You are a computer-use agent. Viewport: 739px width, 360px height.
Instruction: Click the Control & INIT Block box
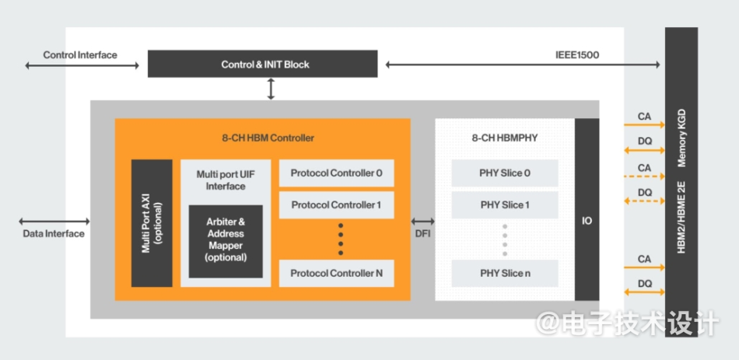tap(262, 64)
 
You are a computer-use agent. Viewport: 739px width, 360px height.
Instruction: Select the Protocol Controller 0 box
tap(337, 173)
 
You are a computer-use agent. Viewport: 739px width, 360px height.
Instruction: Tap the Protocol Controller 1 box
tap(337, 205)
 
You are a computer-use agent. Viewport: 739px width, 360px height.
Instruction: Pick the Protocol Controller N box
tap(337, 273)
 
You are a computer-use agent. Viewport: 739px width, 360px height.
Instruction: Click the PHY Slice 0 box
tap(505, 173)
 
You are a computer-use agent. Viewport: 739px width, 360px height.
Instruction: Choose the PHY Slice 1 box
tap(505, 205)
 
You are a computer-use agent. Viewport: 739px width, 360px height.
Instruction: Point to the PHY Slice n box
tap(505, 273)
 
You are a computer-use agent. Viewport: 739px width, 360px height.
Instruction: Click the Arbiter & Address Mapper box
tap(226, 241)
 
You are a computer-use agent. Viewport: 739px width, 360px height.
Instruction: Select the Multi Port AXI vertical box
tap(152, 223)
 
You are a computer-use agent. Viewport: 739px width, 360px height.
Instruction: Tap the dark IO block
tap(587, 210)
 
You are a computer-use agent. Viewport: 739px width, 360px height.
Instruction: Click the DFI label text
tap(422, 234)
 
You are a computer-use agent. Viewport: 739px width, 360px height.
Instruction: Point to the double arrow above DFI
tap(422, 221)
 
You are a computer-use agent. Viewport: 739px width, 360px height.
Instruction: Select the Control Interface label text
tap(80, 55)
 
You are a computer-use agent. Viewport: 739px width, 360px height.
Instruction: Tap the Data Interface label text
tap(54, 234)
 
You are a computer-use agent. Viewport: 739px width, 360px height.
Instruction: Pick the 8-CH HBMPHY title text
tap(505, 138)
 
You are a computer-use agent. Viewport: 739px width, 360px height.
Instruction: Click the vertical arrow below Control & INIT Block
tap(271, 89)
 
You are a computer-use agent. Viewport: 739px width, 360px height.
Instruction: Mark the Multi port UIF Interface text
tap(226, 180)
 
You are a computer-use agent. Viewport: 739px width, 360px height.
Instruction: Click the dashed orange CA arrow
tap(644, 177)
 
